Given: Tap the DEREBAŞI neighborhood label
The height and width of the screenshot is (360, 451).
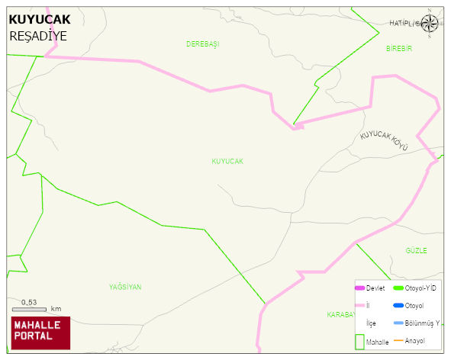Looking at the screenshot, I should pyautogui.click(x=202, y=44).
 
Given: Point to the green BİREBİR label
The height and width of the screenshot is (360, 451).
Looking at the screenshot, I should pyautogui.click(x=398, y=48).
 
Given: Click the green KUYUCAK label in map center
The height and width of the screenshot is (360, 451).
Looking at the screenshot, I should pyautogui.click(x=227, y=162).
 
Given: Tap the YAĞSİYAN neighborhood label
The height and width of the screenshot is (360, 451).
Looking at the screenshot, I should pyautogui.click(x=125, y=287).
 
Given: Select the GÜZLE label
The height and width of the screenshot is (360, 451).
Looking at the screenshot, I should pyautogui.click(x=416, y=251).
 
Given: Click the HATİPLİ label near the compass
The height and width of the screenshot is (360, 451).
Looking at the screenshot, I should pyautogui.click(x=403, y=24).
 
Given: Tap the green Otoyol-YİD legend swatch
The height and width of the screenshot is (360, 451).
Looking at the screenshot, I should pyautogui.click(x=398, y=288).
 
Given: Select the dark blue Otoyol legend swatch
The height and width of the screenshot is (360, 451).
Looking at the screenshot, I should pyautogui.click(x=398, y=306).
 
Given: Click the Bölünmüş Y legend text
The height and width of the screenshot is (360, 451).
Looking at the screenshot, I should pyautogui.click(x=423, y=323).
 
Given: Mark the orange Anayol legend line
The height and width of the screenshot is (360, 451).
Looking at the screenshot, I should pyautogui.click(x=398, y=340).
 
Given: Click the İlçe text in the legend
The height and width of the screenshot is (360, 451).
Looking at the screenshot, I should pyautogui.click(x=371, y=323).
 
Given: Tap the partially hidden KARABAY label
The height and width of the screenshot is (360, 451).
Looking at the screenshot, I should pyautogui.click(x=340, y=314).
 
